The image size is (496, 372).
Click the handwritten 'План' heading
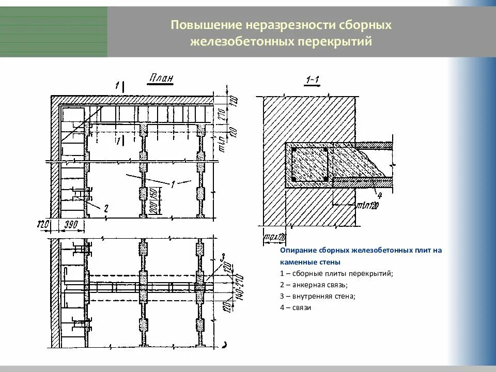tap(161, 79)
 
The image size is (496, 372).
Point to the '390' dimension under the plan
tap(72, 225)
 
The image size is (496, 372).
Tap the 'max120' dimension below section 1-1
tap(274, 238)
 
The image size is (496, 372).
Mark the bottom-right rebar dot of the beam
tap(325, 179)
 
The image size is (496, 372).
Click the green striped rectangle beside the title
tap(54, 32)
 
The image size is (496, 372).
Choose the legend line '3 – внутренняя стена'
tap(317, 296)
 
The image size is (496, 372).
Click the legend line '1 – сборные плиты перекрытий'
tap(336, 273)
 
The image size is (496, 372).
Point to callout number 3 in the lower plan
tap(221, 257)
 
